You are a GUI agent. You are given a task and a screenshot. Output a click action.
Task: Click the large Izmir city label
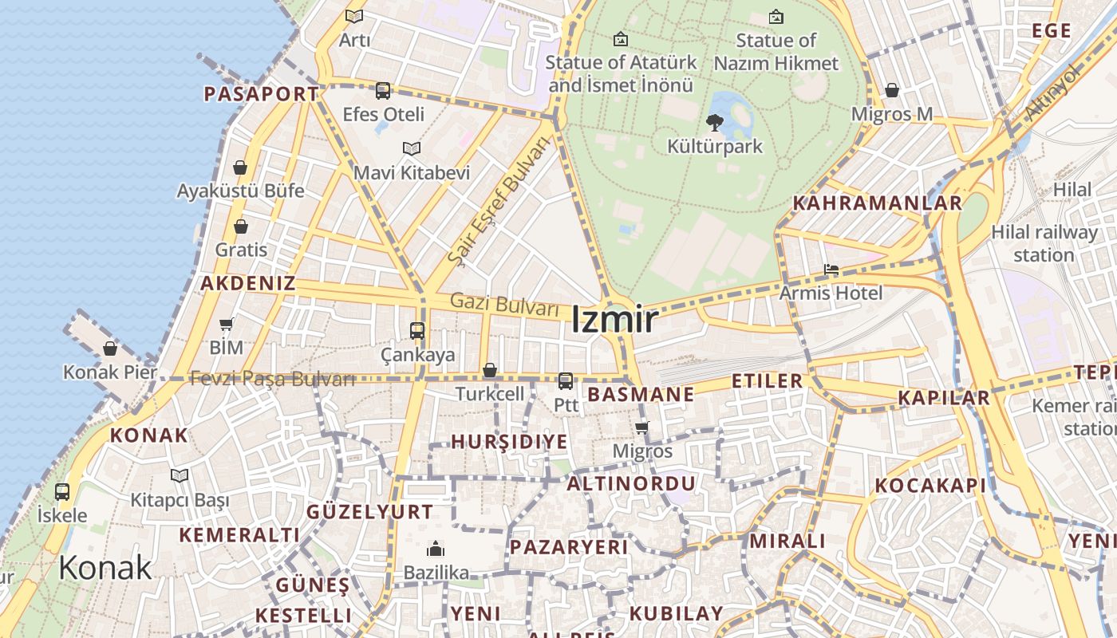[614, 320]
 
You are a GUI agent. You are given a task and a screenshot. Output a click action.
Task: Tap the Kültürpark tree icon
[714, 123]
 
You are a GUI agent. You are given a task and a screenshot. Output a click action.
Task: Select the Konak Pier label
[110, 372]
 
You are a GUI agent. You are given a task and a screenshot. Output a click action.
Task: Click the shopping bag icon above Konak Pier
[110, 349]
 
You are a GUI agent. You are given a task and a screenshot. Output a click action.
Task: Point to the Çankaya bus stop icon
[416, 330]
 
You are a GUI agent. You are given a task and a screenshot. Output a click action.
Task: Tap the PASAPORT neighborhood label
[261, 94]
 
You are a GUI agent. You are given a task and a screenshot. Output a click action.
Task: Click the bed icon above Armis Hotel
[831, 270]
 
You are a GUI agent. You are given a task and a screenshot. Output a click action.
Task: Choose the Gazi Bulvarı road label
[503, 304]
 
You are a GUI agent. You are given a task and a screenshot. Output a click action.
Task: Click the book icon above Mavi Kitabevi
[411, 149]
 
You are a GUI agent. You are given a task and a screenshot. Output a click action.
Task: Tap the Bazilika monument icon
[436, 549]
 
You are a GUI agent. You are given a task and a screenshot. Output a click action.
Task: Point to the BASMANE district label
[640, 394]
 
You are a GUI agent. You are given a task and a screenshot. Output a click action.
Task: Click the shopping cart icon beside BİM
[227, 324]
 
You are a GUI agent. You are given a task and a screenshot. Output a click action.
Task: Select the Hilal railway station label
[1044, 243]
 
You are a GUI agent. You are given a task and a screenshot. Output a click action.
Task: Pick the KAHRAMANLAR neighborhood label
[877, 203]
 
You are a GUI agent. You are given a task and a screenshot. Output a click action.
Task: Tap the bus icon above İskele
[61, 492]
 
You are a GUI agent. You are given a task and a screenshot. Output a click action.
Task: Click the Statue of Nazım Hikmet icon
[776, 17]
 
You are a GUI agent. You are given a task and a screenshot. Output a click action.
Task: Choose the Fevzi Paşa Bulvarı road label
[271, 379]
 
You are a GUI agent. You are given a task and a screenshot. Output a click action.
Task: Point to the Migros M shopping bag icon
[892, 90]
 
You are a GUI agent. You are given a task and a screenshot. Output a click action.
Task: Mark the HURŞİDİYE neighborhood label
[509, 442]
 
